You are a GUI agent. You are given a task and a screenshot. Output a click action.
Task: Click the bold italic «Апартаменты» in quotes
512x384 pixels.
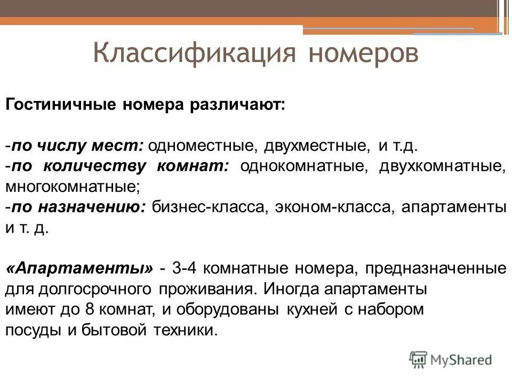coord(79,268)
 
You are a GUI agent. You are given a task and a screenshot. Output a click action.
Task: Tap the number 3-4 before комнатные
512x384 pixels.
coord(186,268)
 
